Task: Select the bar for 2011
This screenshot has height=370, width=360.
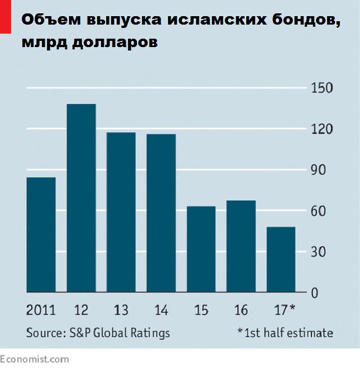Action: pos(41,235)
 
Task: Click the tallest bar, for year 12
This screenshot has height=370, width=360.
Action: pos(81,198)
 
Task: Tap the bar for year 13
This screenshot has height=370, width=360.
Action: pos(121,212)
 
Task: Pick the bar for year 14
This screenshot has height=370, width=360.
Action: pos(161,213)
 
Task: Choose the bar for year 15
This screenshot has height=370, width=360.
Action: pos(201,249)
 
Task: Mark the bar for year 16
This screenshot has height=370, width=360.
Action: pos(241,246)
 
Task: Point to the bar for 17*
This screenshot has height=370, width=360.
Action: pos(281,260)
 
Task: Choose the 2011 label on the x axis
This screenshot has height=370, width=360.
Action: pos(40,310)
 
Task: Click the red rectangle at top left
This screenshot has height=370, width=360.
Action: pos(6,16)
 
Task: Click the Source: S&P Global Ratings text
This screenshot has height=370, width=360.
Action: pos(98,333)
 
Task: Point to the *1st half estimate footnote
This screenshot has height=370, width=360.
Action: pos(285,333)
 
